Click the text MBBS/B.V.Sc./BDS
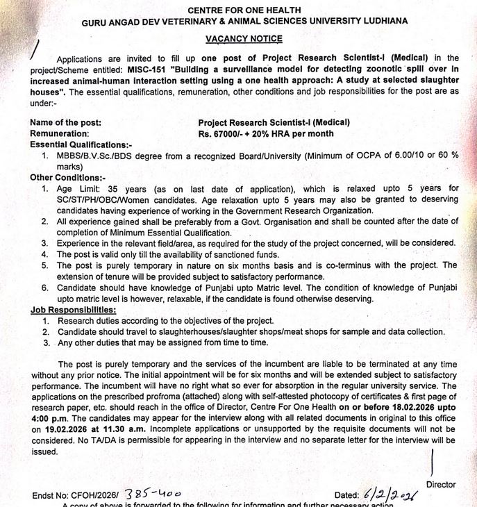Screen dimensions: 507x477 point(97,156)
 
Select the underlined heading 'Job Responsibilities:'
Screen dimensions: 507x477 point(73,310)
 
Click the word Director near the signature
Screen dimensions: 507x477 point(441,484)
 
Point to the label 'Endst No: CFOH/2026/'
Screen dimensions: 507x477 point(76,495)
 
